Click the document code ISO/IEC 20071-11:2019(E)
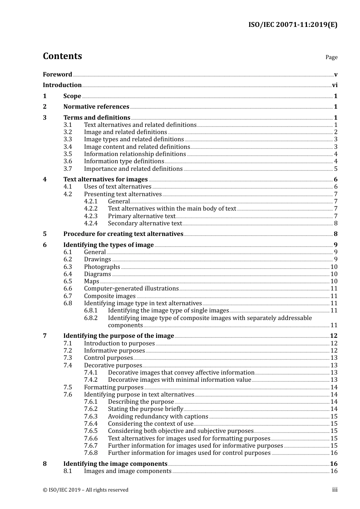pos(293,25)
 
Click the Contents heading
pos(62,56)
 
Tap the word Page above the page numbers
pos(331,57)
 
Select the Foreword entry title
pos(57,75)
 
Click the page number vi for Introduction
pos(335,85)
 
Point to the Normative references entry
pos(96,107)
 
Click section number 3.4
pos(67,147)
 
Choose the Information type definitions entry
pos(124,161)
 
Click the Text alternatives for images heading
pos(105,180)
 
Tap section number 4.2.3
pos(91,216)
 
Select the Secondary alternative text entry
pos(145,223)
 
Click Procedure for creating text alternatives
pos(123,234)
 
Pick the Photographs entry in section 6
pos(102,267)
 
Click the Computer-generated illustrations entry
pos(131,289)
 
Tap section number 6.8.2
pos(91,318)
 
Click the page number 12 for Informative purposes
pos(334,351)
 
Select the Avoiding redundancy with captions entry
pos(158,417)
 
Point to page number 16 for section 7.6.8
pos(334,453)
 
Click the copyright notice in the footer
pos(86,490)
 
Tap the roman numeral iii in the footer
pos(335,490)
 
